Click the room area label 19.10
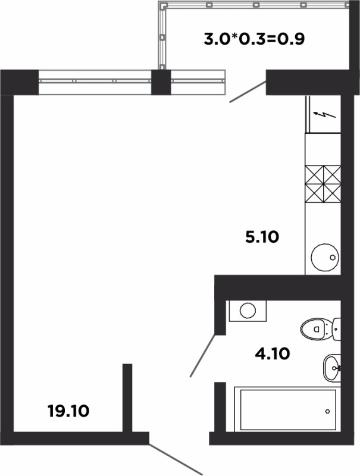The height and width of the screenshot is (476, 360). pyautogui.click(x=68, y=411)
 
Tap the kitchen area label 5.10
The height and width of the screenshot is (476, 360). pyautogui.click(x=262, y=237)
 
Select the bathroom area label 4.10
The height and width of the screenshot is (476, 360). pyautogui.click(x=273, y=353)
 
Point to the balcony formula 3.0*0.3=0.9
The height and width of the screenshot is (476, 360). pyautogui.click(x=253, y=39)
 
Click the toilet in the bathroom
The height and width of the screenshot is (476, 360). pyautogui.click(x=320, y=330)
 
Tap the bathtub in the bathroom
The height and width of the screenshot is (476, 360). pyautogui.click(x=288, y=410)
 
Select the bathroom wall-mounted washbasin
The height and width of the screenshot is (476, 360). pyautogui.click(x=332, y=368)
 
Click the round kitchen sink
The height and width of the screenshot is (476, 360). pyautogui.click(x=325, y=257)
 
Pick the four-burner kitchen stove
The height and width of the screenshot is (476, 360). pyautogui.click(x=323, y=184)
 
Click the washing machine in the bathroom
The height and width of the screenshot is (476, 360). pyautogui.click(x=248, y=311)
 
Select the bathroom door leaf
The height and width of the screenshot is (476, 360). pyautogui.click(x=203, y=355)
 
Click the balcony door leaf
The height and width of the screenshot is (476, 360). pyautogui.click(x=248, y=92)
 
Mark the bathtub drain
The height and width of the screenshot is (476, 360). pyautogui.click(x=327, y=411)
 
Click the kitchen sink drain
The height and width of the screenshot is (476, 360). pyautogui.click(x=333, y=257)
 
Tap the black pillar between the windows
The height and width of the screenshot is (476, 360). pyautogui.click(x=161, y=82)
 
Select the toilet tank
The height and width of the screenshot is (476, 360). pyautogui.click(x=337, y=329)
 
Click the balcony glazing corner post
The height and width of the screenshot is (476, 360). pyautogui.click(x=164, y=5)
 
